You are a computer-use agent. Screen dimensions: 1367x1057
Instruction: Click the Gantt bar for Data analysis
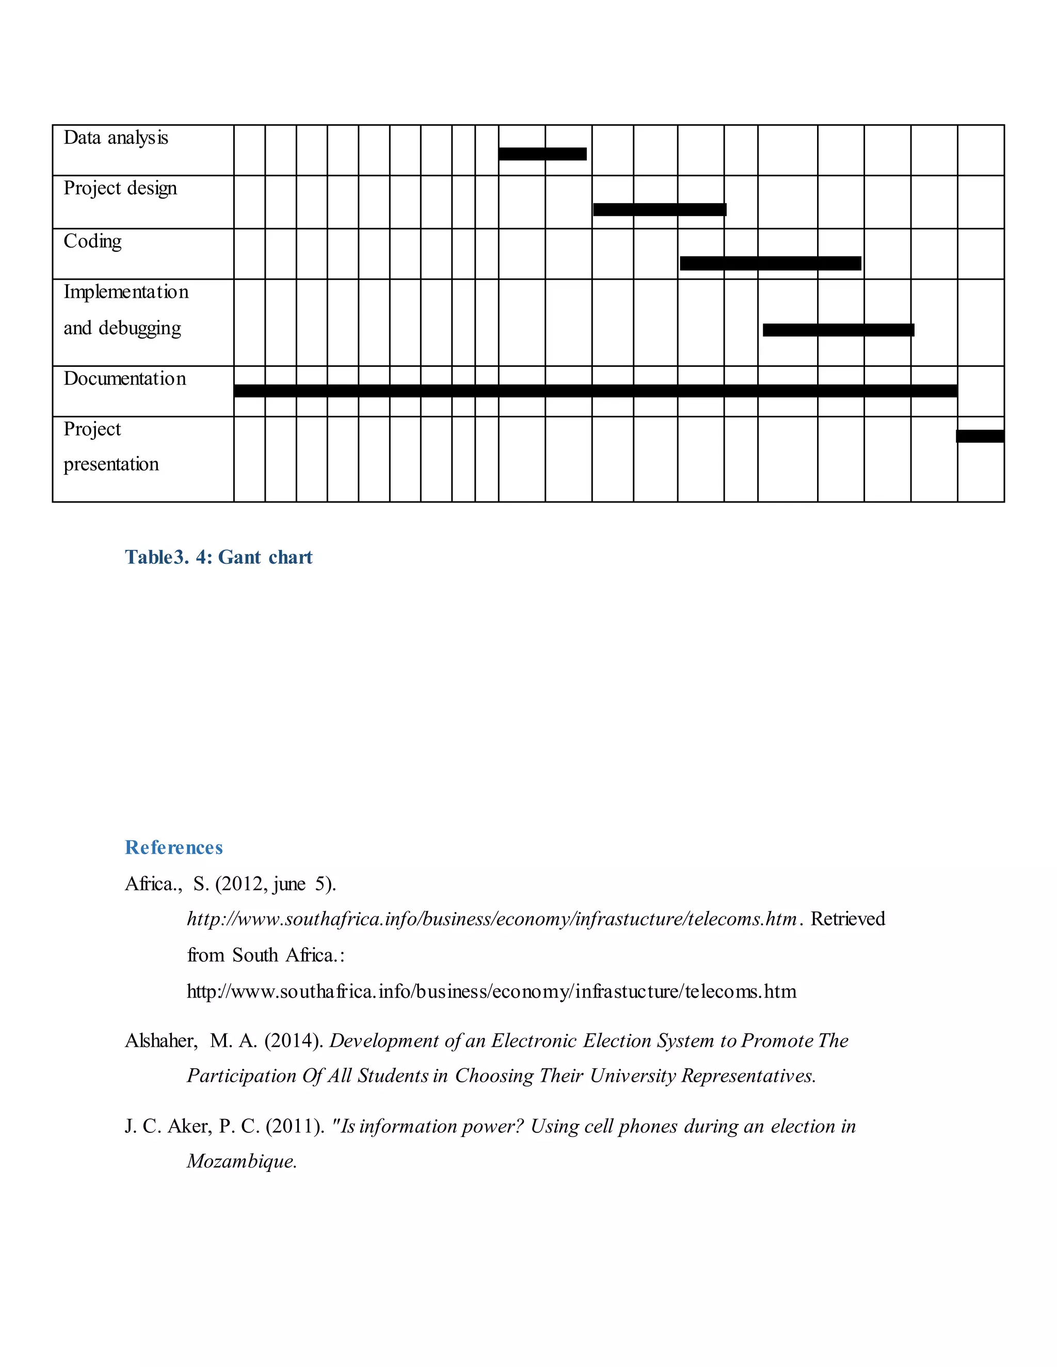coord(542,154)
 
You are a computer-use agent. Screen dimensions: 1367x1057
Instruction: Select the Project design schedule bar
coord(660,209)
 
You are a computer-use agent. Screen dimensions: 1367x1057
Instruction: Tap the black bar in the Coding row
coord(770,264)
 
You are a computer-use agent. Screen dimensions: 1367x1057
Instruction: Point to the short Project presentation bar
coord(980,436)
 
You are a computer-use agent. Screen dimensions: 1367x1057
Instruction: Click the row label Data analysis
coord(116,138)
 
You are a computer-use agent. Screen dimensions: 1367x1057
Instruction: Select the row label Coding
coord(93,241)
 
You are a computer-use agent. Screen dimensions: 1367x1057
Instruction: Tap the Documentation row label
coord(124,379)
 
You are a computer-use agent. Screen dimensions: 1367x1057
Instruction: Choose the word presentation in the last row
coord(111,464)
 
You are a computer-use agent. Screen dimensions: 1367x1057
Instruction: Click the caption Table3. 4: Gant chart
coord(218,557)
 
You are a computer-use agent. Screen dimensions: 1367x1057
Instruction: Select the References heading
coord(174,848)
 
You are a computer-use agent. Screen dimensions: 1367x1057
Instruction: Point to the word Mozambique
coord(241,1162)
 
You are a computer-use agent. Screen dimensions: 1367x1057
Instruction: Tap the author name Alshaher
coord(161,1041)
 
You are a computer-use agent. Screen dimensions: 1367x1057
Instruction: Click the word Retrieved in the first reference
coord(848,919)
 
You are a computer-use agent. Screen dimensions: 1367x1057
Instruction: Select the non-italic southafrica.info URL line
coord(491,991)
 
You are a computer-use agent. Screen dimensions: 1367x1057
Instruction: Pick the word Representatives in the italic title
coord(748,1076)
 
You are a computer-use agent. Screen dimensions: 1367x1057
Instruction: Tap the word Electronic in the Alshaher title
coord(534,1041)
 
